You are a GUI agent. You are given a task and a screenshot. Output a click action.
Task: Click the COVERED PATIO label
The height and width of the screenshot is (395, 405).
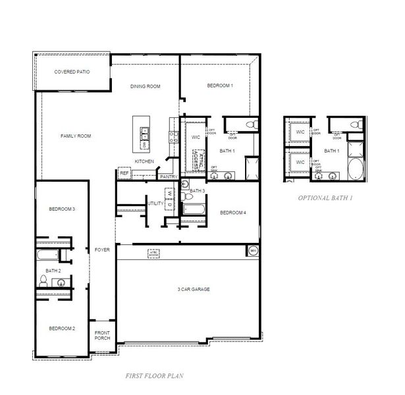[72, 71]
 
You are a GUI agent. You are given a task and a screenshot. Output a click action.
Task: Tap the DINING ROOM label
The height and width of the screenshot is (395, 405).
[146, 86]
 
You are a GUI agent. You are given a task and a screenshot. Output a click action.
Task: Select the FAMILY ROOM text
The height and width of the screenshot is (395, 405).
[76, 136]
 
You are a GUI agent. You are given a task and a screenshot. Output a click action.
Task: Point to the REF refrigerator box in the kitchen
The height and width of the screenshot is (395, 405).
[124, 173]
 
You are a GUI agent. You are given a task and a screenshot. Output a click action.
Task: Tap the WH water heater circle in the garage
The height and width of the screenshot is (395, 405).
[253, 250]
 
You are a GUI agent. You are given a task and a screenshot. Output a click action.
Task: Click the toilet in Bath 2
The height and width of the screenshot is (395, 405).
[43, 281]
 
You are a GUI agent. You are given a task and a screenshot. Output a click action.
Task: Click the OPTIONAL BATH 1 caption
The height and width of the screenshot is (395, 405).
[325, 197]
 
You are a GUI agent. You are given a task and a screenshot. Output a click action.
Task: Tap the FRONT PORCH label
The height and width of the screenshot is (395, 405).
[102, 335]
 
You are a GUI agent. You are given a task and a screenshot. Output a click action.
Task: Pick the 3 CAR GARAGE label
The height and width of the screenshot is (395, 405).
[193, 289]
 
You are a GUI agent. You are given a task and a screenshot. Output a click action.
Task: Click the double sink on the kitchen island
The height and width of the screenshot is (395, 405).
[144, 136]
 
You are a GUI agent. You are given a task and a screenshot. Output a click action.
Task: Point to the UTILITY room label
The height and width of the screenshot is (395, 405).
[155, 204]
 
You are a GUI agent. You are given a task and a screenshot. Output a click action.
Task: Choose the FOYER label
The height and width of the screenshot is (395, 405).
[102, 250]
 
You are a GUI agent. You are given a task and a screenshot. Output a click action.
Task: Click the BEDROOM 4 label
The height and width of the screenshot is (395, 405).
[232, 213]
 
